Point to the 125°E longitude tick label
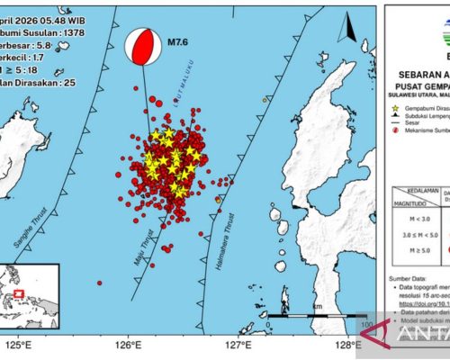19,344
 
